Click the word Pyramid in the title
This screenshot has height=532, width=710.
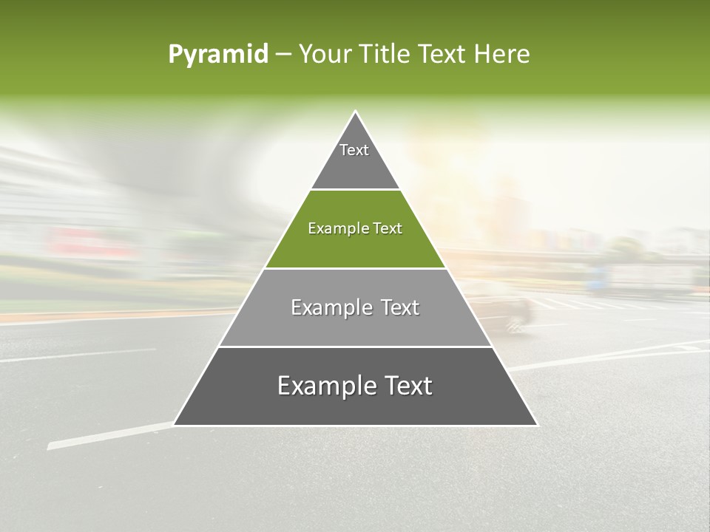217,55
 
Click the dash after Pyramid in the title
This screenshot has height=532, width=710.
283,55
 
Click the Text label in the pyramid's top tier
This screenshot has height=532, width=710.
354,150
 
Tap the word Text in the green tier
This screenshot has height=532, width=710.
388,229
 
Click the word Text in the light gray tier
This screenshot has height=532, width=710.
399,307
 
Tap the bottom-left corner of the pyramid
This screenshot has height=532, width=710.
175,425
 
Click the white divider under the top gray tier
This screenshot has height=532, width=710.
355,190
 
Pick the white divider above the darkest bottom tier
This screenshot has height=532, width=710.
355,347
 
